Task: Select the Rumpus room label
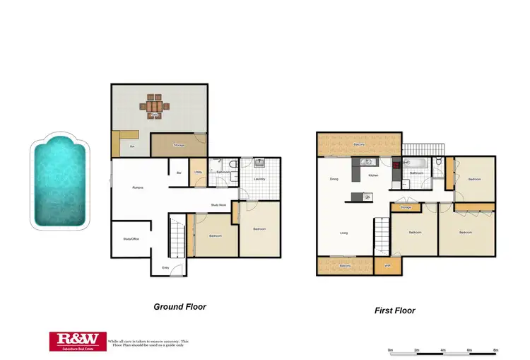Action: [139, 187]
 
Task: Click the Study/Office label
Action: [131, 239]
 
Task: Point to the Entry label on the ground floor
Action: [165, 267]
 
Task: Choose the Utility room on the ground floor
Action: [199, 172]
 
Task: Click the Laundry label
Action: [259, 179]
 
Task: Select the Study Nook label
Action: [218, 205]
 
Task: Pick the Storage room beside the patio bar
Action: [179, 145]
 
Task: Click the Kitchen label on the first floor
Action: [373, 175]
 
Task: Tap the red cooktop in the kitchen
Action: [397, 168]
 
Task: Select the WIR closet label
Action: [387, 266]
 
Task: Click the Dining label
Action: [334, 179]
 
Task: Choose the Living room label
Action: [343, 233]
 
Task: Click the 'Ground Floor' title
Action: [179, 307]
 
